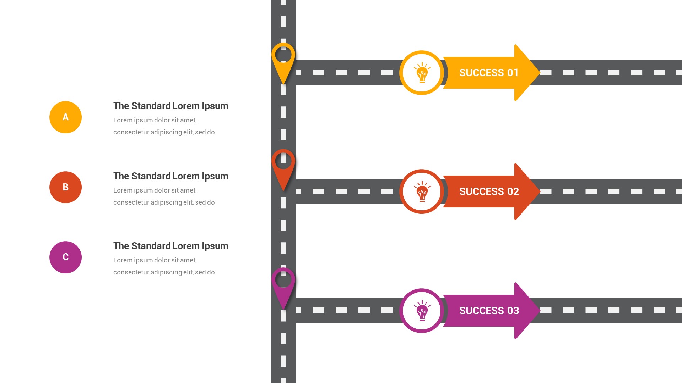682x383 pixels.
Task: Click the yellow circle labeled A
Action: pos(65,117)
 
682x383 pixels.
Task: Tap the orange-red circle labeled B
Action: pos(65,187)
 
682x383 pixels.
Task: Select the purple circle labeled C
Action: pos(65,257)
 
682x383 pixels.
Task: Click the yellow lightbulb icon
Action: pos(422,73)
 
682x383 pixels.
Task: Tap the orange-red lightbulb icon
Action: pos(422,192)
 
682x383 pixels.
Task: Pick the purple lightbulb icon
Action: pos(422,311)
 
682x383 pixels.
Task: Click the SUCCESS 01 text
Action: pos(489,73)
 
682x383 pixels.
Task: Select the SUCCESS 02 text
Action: pos(489,191)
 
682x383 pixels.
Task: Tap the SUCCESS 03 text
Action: pos(489,311)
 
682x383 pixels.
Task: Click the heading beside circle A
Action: pos(170,106)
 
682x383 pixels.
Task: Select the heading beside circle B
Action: pos(170,176)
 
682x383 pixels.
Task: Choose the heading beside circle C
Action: pos(170,246)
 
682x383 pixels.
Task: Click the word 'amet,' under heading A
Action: pos(188,120)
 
